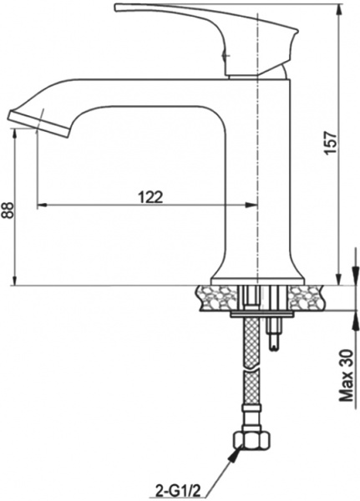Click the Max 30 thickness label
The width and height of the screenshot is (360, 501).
[x=345, y=376]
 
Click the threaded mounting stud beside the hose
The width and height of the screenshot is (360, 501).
[x=274, y=334]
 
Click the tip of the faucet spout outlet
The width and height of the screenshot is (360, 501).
[x=18, y=118]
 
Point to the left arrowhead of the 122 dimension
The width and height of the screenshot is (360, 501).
[x=43, y=205]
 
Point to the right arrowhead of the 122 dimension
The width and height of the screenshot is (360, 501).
[x=248, y=205]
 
